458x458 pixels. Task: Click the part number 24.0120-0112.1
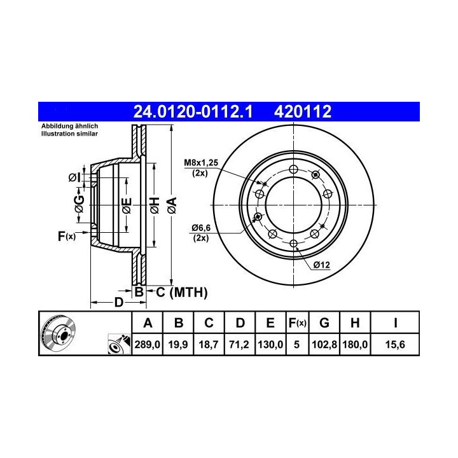point(193,111)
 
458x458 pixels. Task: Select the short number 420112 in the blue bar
point(303,111)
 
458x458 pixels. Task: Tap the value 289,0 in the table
point(147,345)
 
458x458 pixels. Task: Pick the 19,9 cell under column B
point(178,345)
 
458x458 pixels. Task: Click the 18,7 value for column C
point(209,345)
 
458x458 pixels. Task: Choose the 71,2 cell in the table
point(239,345)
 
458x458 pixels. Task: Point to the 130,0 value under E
point(270,345)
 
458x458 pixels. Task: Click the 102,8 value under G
point(324,345)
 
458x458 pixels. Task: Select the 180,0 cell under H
point(355,345)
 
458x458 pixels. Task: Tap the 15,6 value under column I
point(395,345)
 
